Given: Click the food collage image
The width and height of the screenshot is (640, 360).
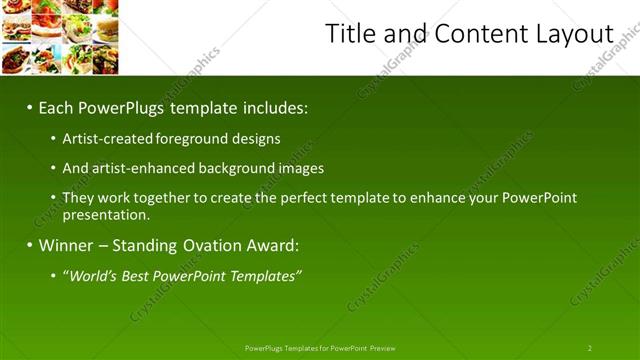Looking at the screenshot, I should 60,37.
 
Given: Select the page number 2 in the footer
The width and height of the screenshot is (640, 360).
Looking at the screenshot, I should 589,348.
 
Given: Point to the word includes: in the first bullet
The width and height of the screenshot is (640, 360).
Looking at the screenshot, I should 272,107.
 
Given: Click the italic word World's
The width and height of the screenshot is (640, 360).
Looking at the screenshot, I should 95,275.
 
